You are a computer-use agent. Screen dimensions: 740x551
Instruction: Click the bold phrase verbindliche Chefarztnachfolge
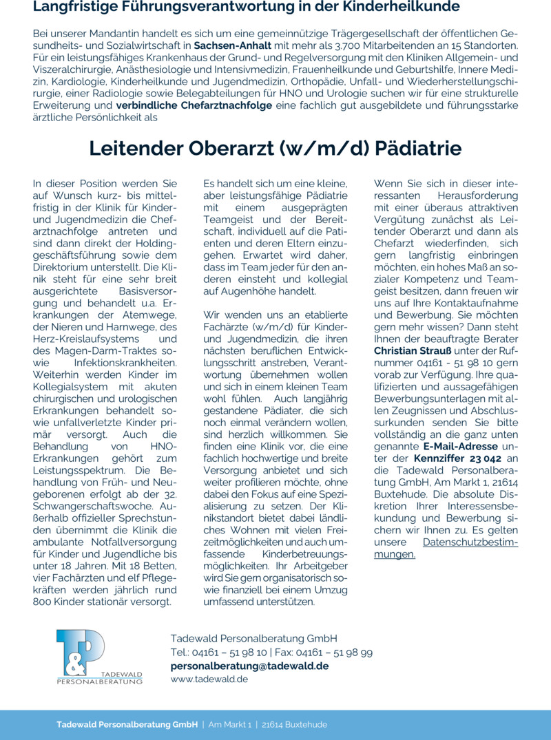click(194, 105)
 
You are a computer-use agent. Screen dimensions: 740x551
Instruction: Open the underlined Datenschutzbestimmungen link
click(446, 549)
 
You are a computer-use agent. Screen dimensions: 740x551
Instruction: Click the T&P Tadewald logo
click(99, 657)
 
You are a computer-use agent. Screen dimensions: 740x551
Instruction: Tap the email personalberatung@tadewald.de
click(249, 666)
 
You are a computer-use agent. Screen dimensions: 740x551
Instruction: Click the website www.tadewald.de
click(209, 679)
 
